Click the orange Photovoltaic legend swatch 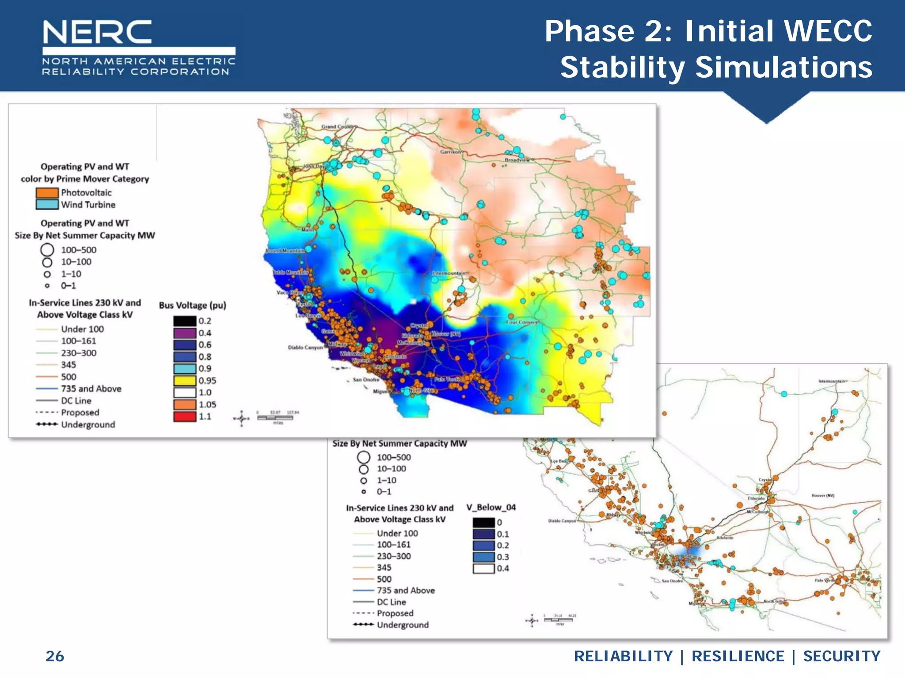point(47,192)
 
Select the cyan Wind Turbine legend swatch point(47,204)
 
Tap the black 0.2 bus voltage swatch point(184,321)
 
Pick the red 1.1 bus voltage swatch point(184,416)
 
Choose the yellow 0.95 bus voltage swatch point(184,380)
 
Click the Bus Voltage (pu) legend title point(192,305)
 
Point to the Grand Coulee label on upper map point(337,127)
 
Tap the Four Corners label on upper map point(521,322)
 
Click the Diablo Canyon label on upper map point(305,347)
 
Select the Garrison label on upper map point(450,152)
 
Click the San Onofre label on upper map point(366,380)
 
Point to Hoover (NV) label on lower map point(823,495)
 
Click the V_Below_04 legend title point(491,507)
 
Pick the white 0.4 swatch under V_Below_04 point(483,569)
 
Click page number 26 point(55,656)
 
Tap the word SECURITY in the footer point(841,656)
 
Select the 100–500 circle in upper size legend point(47,250)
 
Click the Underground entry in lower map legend point(402,625)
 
